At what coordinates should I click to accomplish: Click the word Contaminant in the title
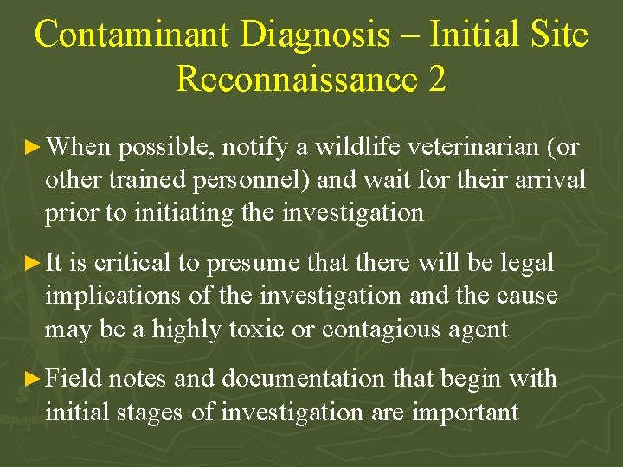click(132, 35)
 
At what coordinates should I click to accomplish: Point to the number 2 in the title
click(436, 79)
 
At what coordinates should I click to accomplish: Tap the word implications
click(113, 296)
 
